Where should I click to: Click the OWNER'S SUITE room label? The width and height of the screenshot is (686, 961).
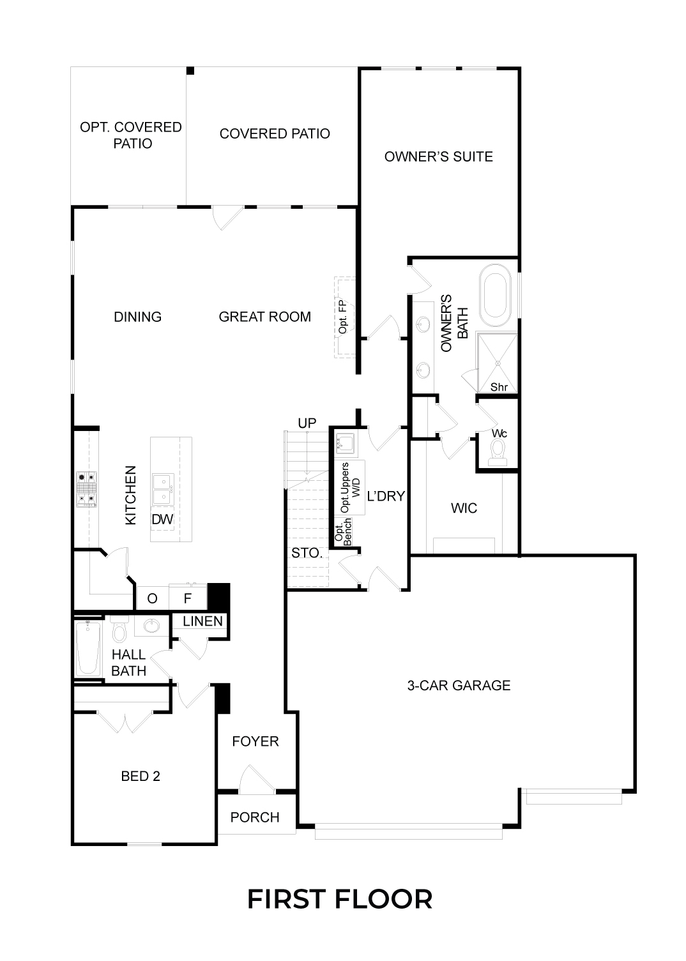[438, 156]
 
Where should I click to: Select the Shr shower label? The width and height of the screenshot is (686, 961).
[499, 387]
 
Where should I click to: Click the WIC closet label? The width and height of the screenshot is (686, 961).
[464, 508]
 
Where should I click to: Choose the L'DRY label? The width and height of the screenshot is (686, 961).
[386, 496]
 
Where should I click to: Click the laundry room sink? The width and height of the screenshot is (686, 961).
[344, 443]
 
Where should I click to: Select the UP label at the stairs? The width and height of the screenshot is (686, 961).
[307, 423]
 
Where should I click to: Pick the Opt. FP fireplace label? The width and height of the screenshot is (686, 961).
[342, 317]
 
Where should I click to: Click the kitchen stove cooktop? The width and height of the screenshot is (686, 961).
[86, 489]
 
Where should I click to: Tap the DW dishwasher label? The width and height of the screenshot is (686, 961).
[162, 519]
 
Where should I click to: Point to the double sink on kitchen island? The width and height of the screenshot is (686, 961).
[163, 489]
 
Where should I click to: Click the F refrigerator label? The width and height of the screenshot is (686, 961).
[188, 598]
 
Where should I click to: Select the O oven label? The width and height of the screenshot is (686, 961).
[152, 598]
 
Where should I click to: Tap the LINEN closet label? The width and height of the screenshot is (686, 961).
[202, 621]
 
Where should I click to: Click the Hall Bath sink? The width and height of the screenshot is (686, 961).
[151, 626]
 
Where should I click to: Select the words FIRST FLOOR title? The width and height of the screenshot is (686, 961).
[340, 900]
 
